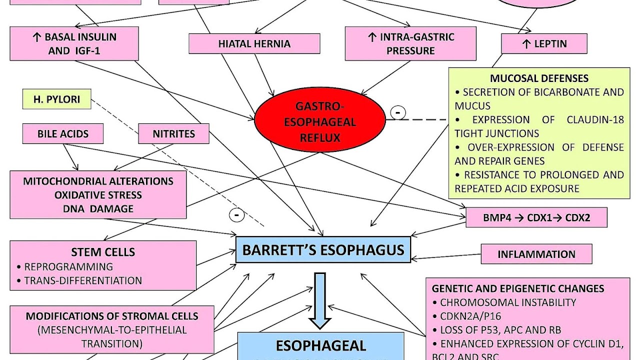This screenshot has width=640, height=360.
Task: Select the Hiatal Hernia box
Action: [254, 43]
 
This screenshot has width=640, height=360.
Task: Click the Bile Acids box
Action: [63, 134]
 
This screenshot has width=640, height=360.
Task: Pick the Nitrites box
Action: [173, 134]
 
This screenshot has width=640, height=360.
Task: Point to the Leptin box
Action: [544, 44]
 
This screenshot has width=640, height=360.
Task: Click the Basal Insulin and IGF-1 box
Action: [74, 44]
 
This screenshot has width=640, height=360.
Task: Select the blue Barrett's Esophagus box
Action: [323, 249]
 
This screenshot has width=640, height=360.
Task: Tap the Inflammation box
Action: [536, 254]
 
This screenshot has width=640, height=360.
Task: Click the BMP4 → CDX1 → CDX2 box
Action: [536, 218]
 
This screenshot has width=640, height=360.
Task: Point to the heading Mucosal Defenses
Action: [539, 78]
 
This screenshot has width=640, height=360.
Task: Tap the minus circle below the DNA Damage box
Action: [236, 215]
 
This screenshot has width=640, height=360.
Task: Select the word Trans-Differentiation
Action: [83, 280]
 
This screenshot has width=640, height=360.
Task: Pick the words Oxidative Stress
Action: [98, 195]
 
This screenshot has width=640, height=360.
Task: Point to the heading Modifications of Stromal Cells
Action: [112, 316]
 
